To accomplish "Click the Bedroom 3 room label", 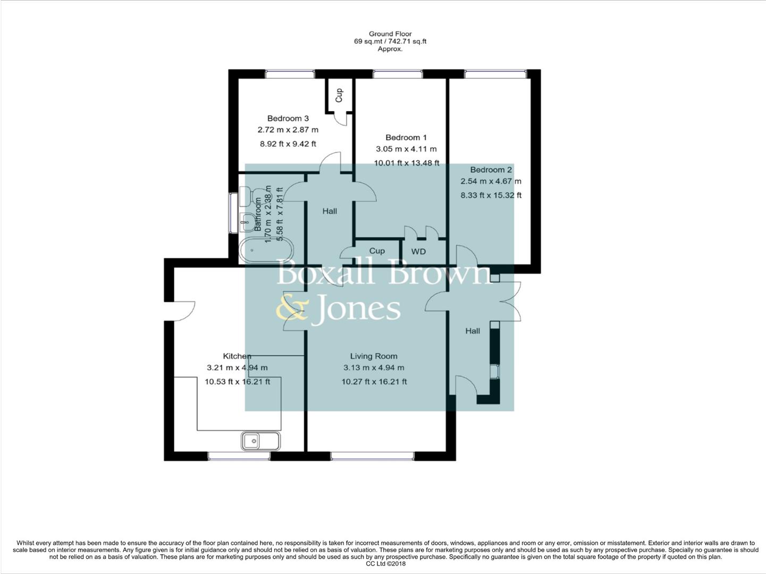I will (x=288, y=119).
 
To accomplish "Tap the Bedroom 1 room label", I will (x=406, y=138).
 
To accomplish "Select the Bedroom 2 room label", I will (x=491, y=170).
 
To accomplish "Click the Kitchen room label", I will (x=237, y=356).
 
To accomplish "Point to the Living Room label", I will (x=373, y=356).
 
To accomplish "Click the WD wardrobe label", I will (x=418, y=251).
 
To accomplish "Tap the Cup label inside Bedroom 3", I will (x=339, y=95).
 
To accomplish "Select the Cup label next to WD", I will (x=377, y=251).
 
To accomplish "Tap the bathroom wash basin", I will (x=246, y=222).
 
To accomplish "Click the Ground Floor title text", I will (x=390, y=34).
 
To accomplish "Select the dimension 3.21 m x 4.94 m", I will (x=237, y=368).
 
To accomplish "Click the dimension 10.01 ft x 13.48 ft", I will (x=406, y=163).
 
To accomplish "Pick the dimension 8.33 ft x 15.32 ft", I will (x=491, y=195).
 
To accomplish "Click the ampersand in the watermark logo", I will (x=291, y=309).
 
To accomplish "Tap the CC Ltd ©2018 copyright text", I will (x=385, y=564).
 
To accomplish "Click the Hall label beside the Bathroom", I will (x=330, y=211).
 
